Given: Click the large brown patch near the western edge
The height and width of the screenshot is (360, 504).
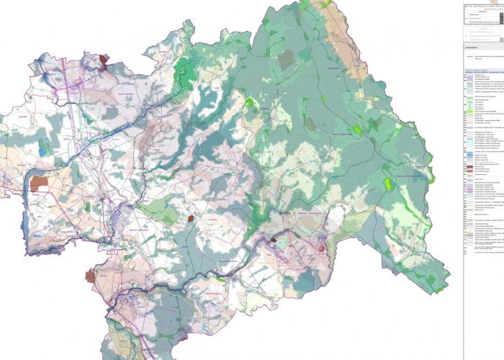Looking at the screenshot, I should [39, 181].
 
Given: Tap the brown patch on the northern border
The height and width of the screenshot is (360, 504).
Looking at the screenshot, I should [105, 60].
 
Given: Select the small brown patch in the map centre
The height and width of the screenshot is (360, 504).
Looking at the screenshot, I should [191, 217].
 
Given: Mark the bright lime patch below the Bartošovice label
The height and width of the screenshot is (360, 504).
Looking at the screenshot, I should [389, 184].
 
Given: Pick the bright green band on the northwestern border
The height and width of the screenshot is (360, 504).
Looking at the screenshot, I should [186, 69].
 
